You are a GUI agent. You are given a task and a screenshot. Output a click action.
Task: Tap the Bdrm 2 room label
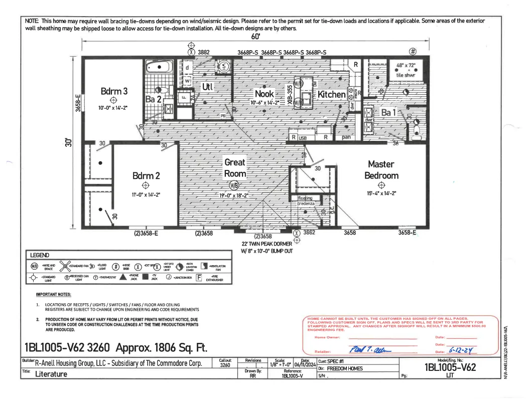click(x=146, y=175)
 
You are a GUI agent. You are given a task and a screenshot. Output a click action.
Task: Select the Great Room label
click(x=235, y=168)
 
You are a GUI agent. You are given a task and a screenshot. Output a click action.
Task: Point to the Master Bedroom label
click(x=381, y=169)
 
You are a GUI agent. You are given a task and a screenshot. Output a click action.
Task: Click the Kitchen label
click(x=331, y=94)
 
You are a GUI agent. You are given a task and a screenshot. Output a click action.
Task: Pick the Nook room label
click(x=264, y=94)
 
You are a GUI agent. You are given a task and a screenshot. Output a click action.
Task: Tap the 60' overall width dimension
click(x=255, y=37)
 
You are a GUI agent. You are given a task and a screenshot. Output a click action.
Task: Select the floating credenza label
click(x=305, y=201)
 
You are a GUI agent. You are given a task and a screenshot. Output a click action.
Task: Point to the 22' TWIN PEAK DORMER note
click(x=266, y=244)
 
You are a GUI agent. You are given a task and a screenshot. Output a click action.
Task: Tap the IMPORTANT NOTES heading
click(x=54, y=294)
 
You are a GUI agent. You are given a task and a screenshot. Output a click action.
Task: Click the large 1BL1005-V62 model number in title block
click(x=450, y=367)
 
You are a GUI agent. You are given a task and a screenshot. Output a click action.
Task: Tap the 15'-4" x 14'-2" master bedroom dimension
click(x=381, y=192)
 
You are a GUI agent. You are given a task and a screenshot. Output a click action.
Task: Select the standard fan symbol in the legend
click(x=64, y=266)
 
